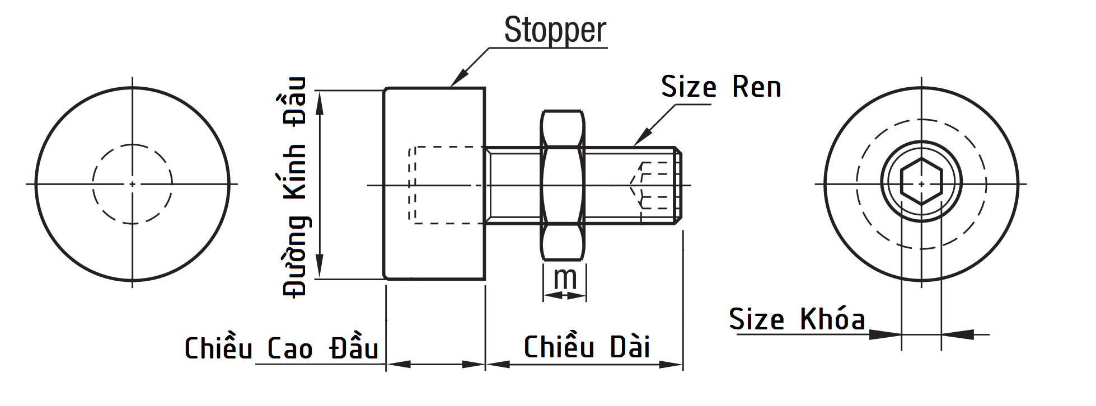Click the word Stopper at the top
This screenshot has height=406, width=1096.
pyautogui.click(x=555, y=30)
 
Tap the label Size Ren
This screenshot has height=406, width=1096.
pyautogui.click(x=720, y=87)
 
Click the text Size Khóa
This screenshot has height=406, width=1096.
pyautogui.click(x=797, y=319)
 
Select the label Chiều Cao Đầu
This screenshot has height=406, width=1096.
pyautogui.click(x=281, y=348)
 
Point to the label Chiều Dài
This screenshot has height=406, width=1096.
pyautogui.click(x=586, y=347)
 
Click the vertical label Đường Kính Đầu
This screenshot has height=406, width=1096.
pyautogui.click(x=294, y=187)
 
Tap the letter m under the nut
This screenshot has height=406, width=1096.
pyautogui.click(x=565, y=277)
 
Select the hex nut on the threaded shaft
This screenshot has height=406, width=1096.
pyautogui.click(x=563, y=185)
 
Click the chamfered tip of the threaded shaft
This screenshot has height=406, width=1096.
pyautogui.click(x=679, y=185)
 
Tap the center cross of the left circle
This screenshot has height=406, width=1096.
pyautogui.click(x=132, y=183)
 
